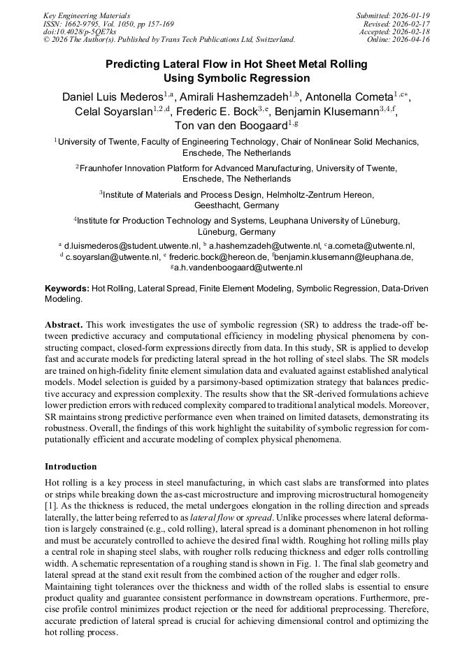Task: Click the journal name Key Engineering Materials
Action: click(87, 15)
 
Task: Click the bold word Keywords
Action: click(67, 288)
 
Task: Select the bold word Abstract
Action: click(64, 326)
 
